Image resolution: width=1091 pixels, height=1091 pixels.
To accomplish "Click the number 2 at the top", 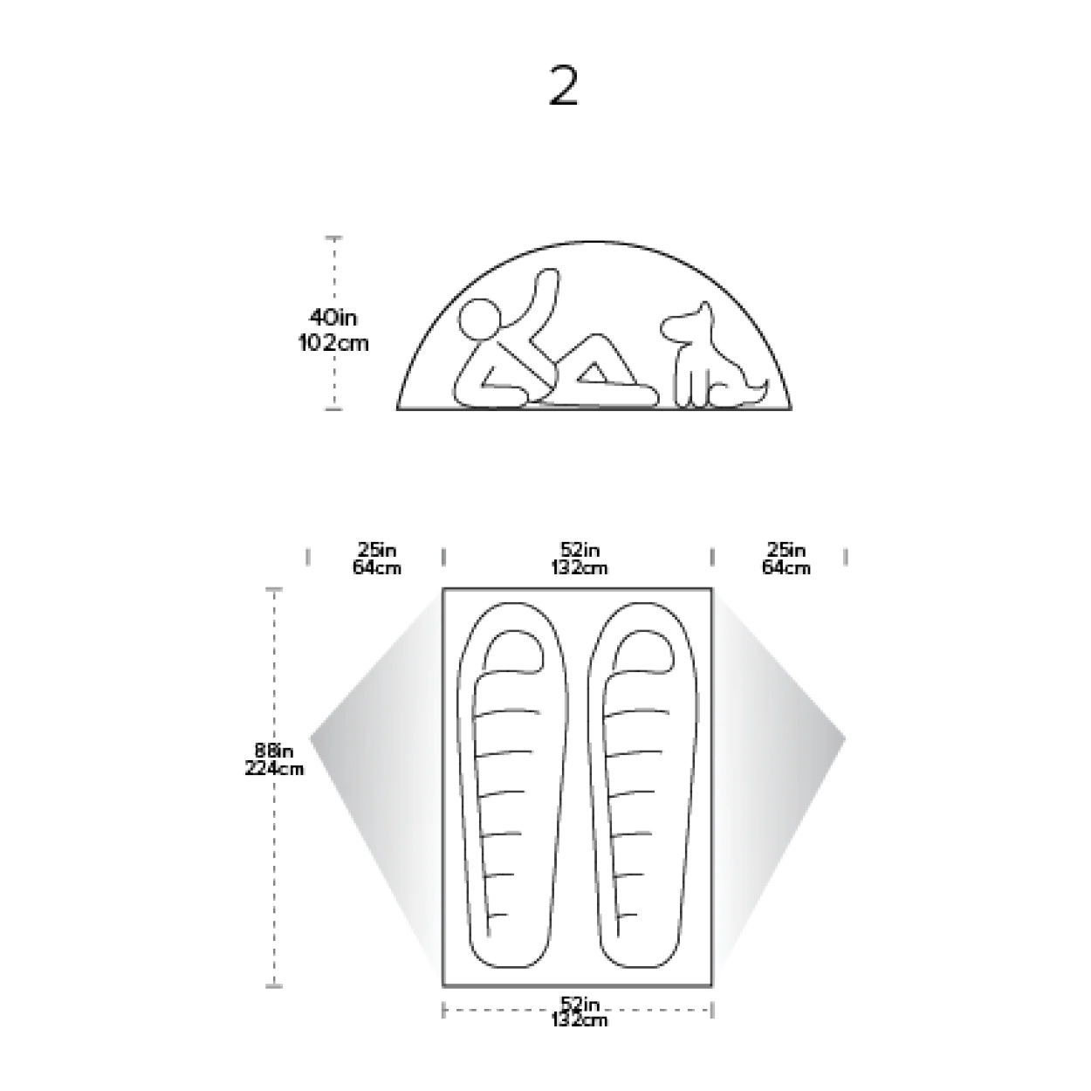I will pos(562,86).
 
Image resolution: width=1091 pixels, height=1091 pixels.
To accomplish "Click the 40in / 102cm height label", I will pos(333,330).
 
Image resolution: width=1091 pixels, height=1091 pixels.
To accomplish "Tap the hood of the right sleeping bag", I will pos(644,650).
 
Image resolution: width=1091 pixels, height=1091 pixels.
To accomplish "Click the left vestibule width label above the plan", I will pos(377,559).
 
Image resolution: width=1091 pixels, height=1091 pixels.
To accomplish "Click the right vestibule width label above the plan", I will pos(785,559).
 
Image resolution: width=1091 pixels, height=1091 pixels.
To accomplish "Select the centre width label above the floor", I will pos(580,559).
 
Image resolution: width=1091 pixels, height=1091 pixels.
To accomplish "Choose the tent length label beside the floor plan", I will pos(272,758).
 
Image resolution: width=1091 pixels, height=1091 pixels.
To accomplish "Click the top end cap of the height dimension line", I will pos(335,237).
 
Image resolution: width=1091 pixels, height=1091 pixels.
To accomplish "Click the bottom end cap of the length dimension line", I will pos(275,984).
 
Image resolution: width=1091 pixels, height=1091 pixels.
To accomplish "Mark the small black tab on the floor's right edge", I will pos(703,707).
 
